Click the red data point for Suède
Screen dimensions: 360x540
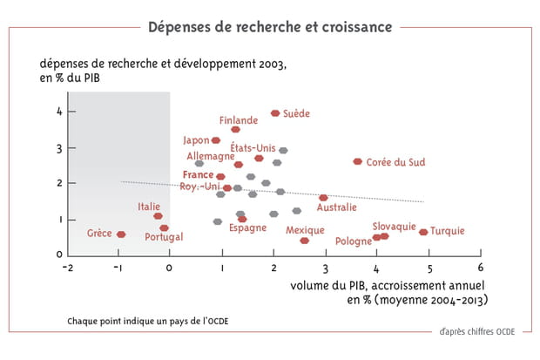pos(275,113)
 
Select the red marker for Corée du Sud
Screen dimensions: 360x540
pos(357,161)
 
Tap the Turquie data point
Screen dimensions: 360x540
pos(423,232)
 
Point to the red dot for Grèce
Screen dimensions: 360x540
pos(121,234)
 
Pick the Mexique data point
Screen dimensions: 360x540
pos(304,241)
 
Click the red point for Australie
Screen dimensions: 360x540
pos(323,198)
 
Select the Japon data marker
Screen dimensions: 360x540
pos(216,140)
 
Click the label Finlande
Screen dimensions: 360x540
pos(238,120)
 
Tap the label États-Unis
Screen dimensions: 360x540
pos(253,148)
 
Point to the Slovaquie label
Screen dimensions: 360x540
pos(394,226)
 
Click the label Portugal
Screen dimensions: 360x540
pos(164,237)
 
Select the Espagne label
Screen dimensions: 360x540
pos(247,228)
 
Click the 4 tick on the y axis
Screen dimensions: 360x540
pos(60,112)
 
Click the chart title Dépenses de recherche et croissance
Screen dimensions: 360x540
pos(269,26)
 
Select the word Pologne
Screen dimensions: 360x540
pos(353,241)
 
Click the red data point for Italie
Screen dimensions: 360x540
pos(158,215)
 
